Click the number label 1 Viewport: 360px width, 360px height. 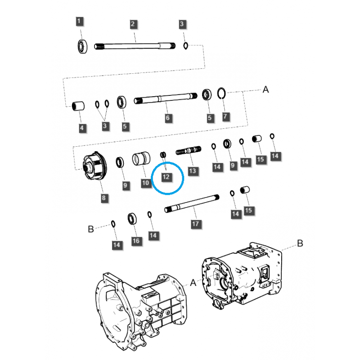pyautogui.click(x=79, y=21)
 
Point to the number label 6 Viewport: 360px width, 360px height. pyautogui.click(x=167, y=118)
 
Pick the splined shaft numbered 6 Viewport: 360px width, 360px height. pyautogui.click(x=166, y=99)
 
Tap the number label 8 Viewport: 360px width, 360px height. pyautogui.click(x=104, y=198)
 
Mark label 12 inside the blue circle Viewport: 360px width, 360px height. pyautogui.click(x=166, y=176)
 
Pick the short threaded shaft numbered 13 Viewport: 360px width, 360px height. pyautogui.click(x=189, y=150)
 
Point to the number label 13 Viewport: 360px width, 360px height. pyautogui.click(x=193, y=171)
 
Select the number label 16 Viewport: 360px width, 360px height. pyautogui.click(x=136, y=241)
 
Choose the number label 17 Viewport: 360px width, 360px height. pyautogui.click(x=195, y=223)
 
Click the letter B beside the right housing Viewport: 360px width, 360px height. pyautogui.click(x=300, y=243)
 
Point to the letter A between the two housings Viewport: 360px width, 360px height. pyautogui.click(x=193, y=283)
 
